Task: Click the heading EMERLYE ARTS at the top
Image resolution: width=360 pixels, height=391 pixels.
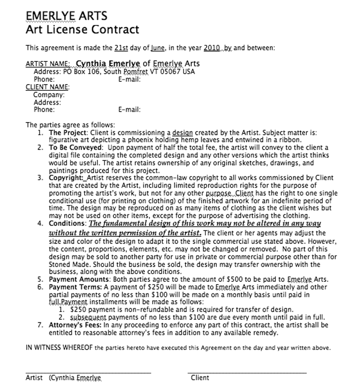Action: click(66, 16)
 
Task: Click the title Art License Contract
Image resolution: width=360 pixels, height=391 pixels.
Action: click(82, 29)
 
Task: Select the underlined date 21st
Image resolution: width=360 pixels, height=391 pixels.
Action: click(121, 48)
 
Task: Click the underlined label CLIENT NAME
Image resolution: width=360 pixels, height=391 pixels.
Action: click(47, 87)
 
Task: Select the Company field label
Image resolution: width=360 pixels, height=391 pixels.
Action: click(49, 95)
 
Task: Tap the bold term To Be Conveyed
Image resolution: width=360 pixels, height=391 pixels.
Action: click(75, 148)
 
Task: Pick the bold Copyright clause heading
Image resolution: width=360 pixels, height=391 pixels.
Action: click(65, 178)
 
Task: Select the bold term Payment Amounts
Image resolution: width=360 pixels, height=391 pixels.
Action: click(79, 280)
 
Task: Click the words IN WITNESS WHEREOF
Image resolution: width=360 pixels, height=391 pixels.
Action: click(59, 348)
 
